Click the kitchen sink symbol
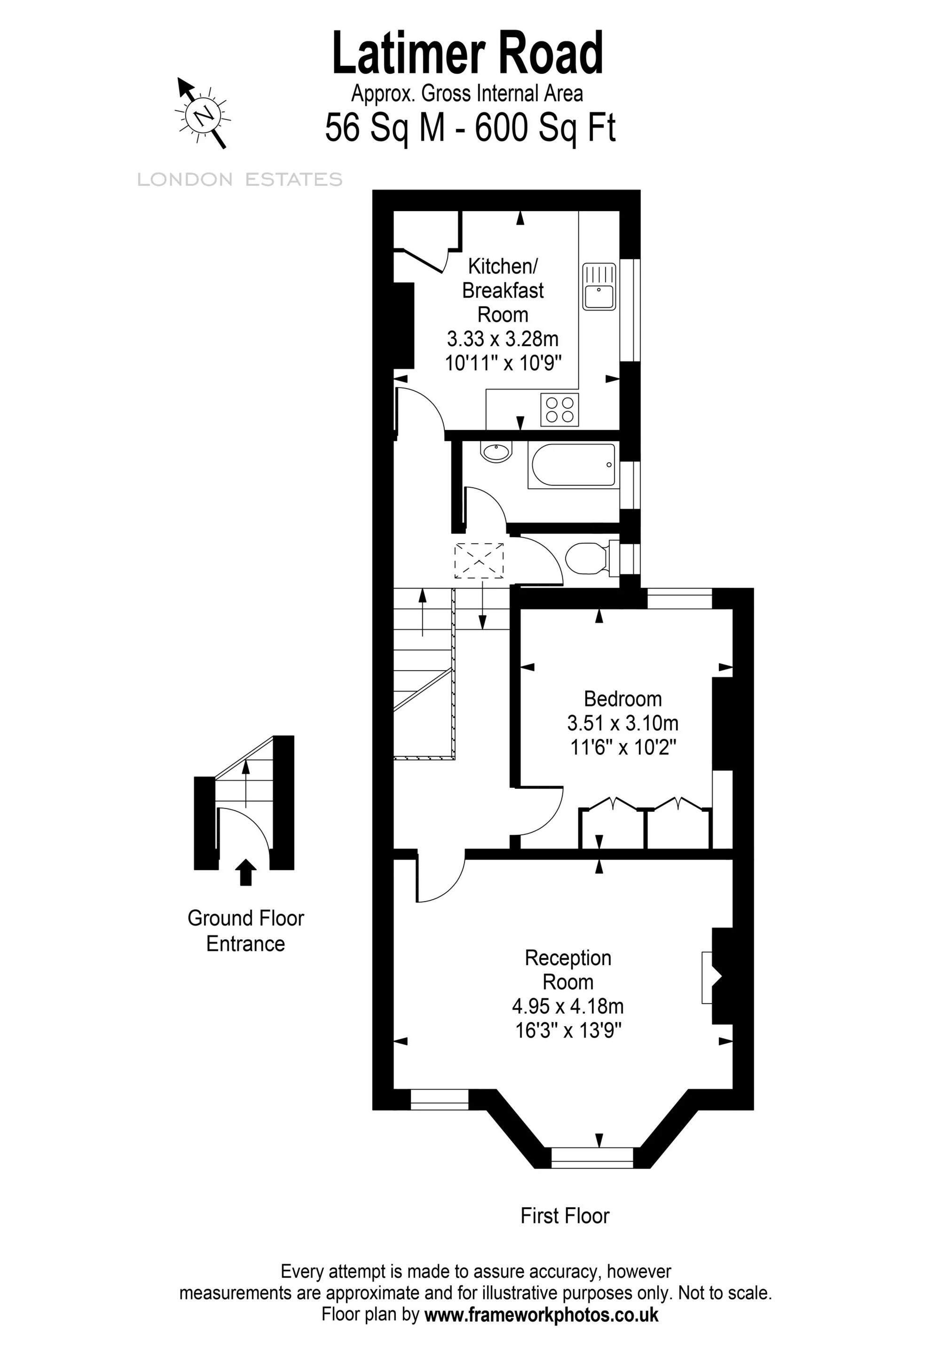[x=599, y=286]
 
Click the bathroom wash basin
[x=496, y=452]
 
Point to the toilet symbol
[x=591, y=557]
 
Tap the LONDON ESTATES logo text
[x=240, y=180]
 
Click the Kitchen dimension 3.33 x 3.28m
[x=503, y=339]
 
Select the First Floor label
[x=565, y=1216]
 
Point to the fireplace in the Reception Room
[x=717, y=977]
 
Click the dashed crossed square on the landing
[x=479, y=561]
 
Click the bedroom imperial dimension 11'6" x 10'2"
[x=623, y=747]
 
